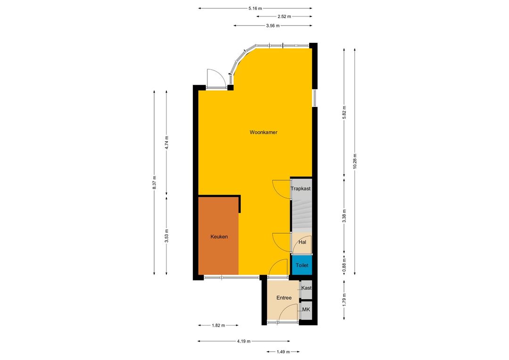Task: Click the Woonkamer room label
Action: click(263, 132)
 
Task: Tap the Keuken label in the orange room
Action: click(219, 237)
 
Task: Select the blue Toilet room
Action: click(302, 265)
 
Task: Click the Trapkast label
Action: click(301, 188)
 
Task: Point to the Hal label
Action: click(302, 242)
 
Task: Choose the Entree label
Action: click(284, 298)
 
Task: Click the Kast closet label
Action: click(306, 288)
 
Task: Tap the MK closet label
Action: click(306, 310)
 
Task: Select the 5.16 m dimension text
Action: click(255, 8)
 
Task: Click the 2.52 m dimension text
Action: click(284, 16)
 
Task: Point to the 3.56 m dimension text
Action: click(273, 25)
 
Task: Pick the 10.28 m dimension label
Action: click(355, 161)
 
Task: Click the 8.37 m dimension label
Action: click(154, 182)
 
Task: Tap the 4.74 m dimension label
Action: click(166, 142)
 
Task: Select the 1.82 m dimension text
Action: click(219, 325)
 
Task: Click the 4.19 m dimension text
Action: click(244, 341)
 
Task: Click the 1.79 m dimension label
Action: click(345, 299)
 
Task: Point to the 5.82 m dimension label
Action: click(345, 112)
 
